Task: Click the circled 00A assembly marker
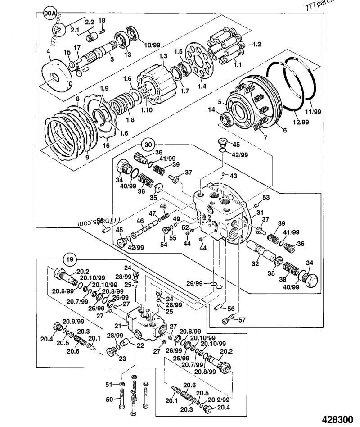(49, 14)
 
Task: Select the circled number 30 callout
(148, 145)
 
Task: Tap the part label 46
(140, 221)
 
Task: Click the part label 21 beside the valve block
(117, 326)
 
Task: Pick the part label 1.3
(163, 55)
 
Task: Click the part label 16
(106, 145)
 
